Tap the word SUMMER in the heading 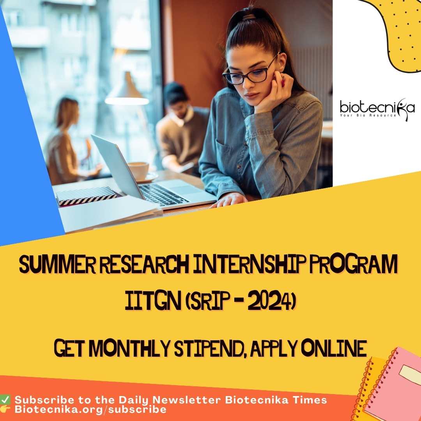click(57, 264)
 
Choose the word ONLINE click(334, 348)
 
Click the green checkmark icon click(5, 400)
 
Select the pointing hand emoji click(5, 409)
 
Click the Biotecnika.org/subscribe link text click(90, 409)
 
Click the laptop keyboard click(164, 195)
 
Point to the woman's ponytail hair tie click(249, 17)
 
